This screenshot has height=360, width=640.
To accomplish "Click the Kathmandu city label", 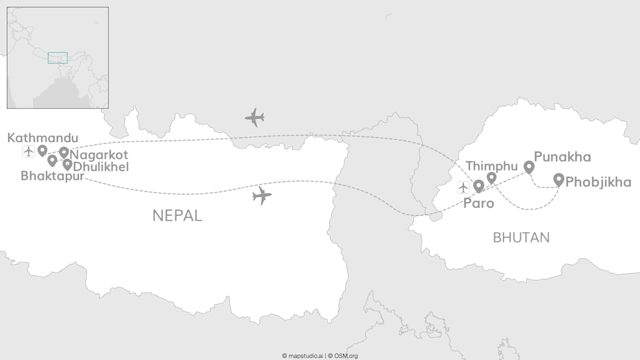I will click(42, 138).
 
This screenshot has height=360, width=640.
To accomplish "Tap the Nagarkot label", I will click(99, 154).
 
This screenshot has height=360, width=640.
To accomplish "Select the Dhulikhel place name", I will click(101, 166).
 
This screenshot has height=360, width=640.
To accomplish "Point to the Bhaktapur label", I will click(52, 176).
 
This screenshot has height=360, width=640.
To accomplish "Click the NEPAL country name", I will click(177, 215).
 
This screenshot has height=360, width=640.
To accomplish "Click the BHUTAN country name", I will click(521, 237).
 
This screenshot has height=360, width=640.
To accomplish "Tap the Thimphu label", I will click(492, 166).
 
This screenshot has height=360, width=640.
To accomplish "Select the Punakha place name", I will click(562, 157).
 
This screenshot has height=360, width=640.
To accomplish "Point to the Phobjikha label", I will click(598, 182).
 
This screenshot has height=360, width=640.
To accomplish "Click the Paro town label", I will click(478, 203).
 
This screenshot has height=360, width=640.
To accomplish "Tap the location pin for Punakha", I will click(529, 166).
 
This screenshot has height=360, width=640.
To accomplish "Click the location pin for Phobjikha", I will click(559, 179).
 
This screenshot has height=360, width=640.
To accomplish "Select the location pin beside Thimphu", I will click(491, 177).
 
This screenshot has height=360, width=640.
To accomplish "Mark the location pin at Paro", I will click(478, 186).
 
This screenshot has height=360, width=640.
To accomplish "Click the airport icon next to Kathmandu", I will click(28, 151).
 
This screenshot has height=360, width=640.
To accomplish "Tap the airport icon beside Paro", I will click(463, 187).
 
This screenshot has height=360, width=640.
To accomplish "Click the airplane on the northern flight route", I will click(254, 117).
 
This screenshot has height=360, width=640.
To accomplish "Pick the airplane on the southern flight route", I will click(262, 195).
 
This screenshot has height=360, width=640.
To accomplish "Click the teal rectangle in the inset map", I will click(57, 57).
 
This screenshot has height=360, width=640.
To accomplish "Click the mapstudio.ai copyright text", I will click(303, 356).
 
